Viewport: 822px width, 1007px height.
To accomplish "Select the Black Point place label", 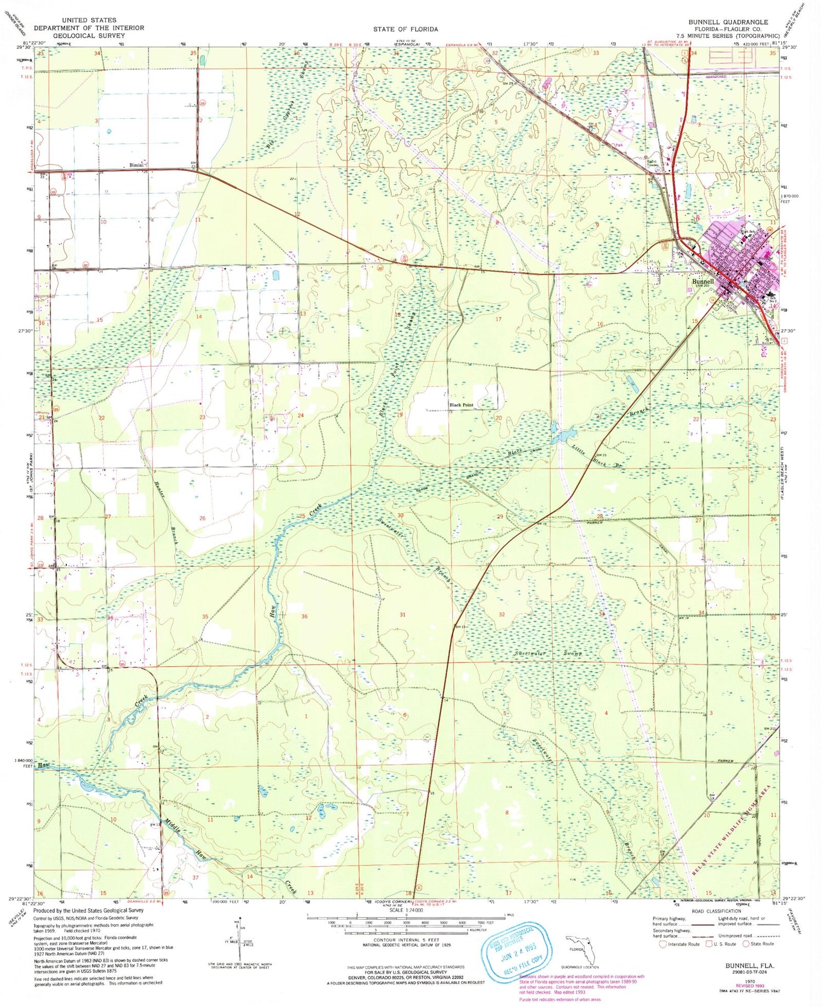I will pyautogui.click(x=461, y=405).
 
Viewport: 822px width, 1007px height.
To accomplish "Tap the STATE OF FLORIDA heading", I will pyautogui.click(x=405, y=29).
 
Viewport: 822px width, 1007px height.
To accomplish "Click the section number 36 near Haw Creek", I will pyautogui.click(x=304, y=616).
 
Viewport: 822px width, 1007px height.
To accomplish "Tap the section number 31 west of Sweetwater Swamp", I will pyautogui.click(x=402, y=615).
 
